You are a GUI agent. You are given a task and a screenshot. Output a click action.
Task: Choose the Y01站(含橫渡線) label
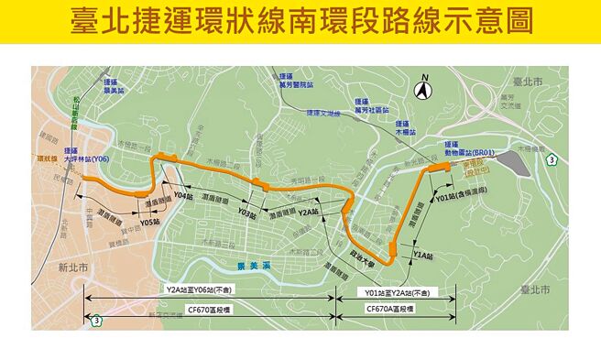coord(461,197)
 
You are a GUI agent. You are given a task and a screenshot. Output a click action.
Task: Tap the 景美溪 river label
coord(249,265)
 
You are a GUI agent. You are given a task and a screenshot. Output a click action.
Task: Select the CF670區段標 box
coord(209,310)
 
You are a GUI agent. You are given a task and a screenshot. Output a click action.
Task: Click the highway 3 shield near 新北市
coord(95,319)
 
